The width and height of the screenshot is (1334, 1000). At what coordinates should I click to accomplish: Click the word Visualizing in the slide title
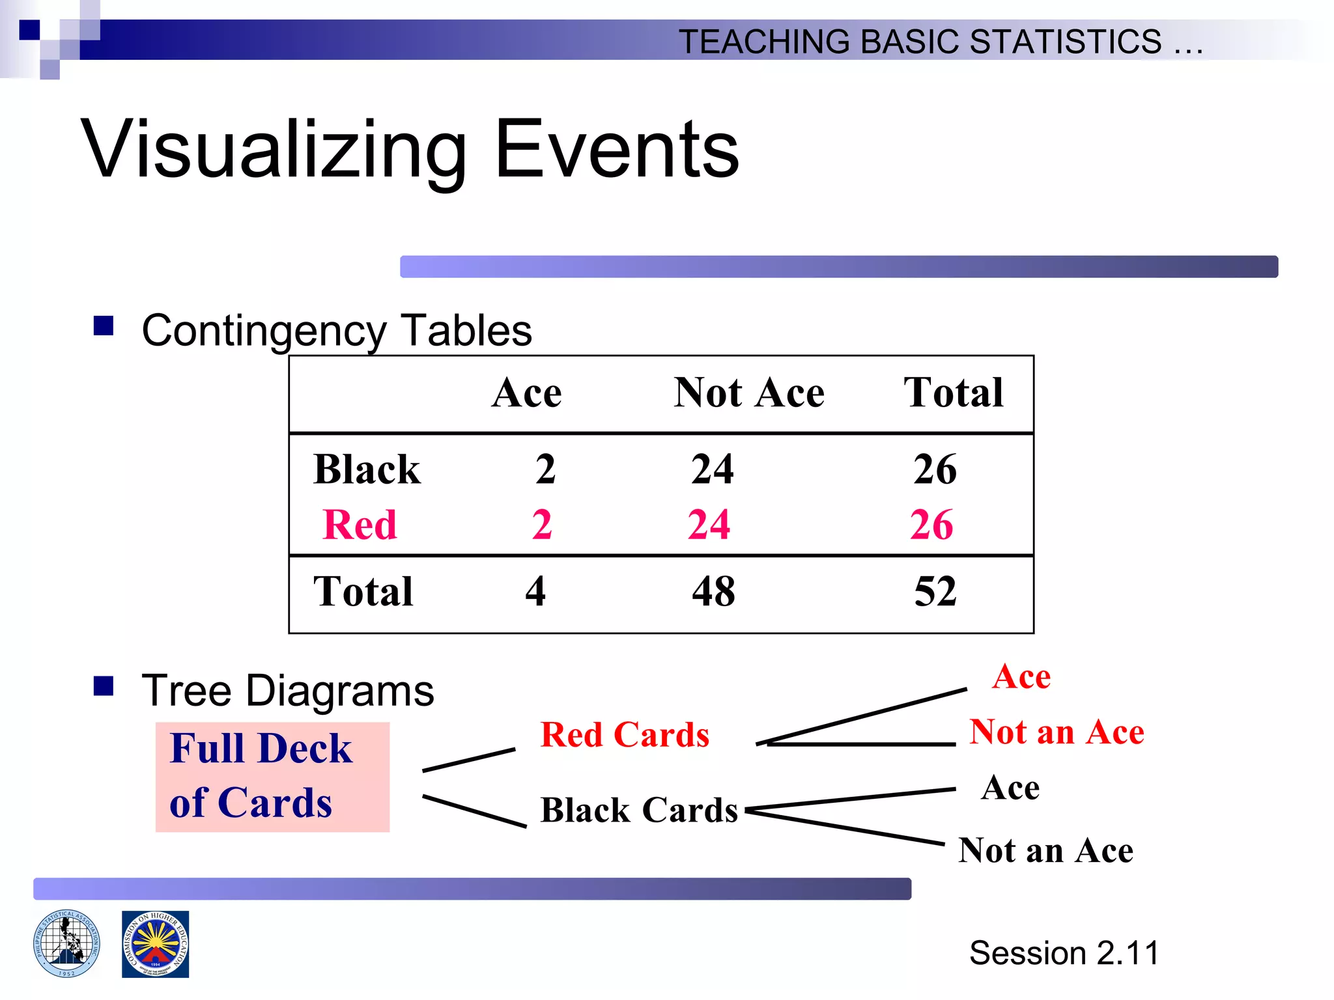point(274,150)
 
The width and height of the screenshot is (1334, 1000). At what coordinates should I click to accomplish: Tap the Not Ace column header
point(748,393)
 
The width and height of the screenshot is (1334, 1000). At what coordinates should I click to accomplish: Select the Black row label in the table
point(367,469)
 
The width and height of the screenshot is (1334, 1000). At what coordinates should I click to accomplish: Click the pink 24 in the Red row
point(709,525)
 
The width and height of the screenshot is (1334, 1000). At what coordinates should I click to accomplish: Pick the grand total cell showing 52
point(935,592)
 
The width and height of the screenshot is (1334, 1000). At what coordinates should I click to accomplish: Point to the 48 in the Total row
point(713,592)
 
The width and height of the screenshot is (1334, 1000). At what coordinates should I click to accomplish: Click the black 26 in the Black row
point(935,469)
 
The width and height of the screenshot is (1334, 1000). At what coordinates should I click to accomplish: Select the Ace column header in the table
point(526,393)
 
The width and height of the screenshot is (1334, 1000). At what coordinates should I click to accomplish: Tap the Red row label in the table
point(360,525)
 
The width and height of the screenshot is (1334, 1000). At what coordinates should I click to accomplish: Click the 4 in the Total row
point(535,592)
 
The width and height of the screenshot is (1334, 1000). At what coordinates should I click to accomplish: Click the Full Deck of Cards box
point(272,776)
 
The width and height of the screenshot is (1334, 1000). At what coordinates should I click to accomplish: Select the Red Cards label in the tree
point(624,735)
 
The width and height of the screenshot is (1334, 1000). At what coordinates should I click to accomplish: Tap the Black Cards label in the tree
point(638,811)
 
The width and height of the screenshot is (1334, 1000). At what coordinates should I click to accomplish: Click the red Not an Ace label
point(1056,732)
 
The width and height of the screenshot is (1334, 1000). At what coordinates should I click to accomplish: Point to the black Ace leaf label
point(1010,788)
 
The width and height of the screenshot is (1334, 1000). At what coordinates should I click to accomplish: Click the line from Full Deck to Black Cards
point(474,811)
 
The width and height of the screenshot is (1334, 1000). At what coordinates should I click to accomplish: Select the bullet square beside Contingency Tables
point(104,326)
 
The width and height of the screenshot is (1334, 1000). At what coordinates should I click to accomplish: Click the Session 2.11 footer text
point(1063,953)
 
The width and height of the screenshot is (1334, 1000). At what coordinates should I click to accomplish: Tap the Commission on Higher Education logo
point(155,944)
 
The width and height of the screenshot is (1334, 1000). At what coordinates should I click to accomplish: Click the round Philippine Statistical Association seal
point(66,944)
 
